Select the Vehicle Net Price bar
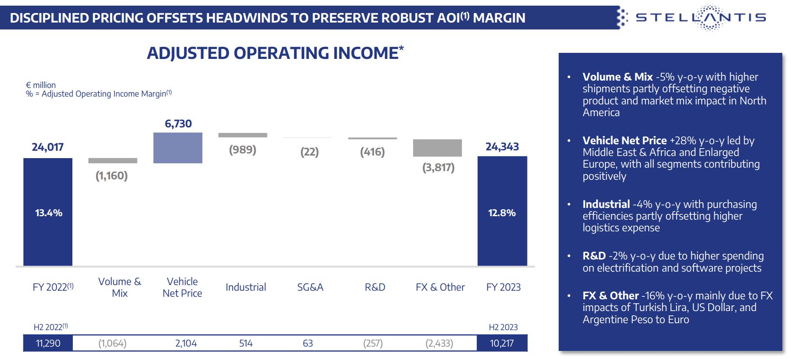pos(178,148)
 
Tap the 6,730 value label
pos(178,124)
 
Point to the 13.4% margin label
pos(49,213)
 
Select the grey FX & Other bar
pos(437,148)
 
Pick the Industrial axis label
pos(246,287)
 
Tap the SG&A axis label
pos(310,287)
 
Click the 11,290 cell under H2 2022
pos(48,344)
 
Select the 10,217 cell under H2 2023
pos(502,344)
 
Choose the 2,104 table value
pos(186,344)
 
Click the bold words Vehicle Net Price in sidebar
pos(624,141)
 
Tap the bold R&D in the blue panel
pos(594,256)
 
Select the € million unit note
pos(41,85)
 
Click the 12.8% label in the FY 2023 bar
pos(502,213)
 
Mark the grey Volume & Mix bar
pos(113,161)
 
